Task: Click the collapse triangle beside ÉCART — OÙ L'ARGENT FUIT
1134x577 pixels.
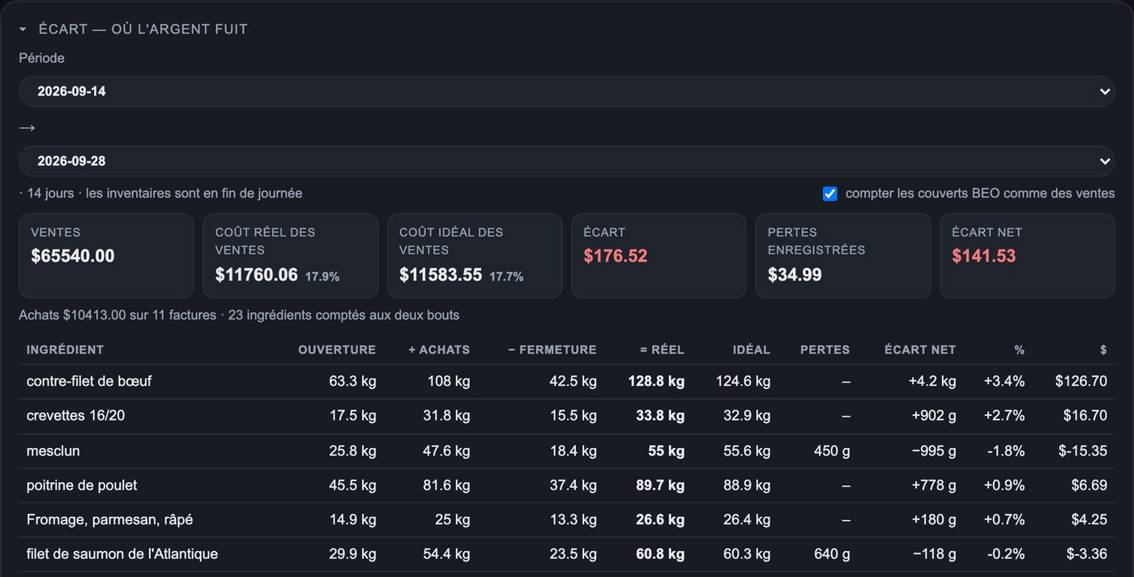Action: tap(23, 29)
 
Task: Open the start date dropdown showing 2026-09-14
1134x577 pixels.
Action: tap(566, 92)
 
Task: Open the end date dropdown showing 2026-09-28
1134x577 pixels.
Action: tap(566, 161)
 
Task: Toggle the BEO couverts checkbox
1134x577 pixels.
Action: tap(829, 194)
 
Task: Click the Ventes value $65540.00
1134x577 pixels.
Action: tap(72, 256)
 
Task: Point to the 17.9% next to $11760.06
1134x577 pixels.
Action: tap(322, 276)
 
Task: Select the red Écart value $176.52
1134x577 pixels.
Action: tap(615, 256)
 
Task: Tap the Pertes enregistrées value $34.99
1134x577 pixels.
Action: tap(795, 275)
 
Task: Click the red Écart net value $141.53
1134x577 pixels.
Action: tap(983, 256)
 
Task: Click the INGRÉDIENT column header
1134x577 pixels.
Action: tap(65, 349)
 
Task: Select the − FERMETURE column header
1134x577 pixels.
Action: tap(552, 349)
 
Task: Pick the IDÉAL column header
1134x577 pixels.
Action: tap(752, 349)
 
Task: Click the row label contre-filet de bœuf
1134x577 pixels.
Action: tap(89, 381)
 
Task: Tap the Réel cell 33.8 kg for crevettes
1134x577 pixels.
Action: tap(660, 416)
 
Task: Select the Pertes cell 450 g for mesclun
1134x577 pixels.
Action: tap(832, 451)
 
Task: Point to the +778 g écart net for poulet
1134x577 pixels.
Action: tap(933, 485)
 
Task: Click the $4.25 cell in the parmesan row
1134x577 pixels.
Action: tap(1089, 519)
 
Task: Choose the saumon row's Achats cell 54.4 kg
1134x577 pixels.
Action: tap(446, 553)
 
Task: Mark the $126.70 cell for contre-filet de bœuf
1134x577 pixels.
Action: tap(1081, 381)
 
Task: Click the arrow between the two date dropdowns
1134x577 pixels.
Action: tap(27, 128)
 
